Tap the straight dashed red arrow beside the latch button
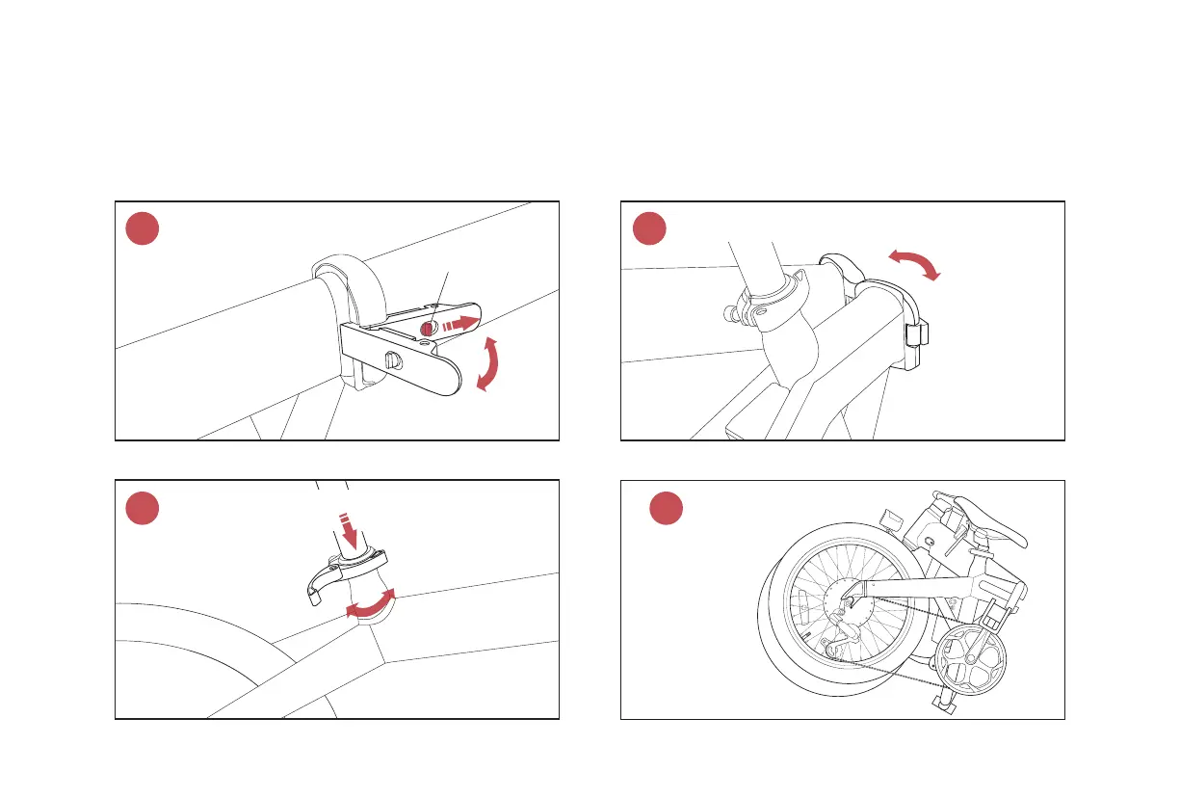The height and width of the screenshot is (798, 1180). pos(460,323)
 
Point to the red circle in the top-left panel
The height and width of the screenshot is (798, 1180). pos(143,228)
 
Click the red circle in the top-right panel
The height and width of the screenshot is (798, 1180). pos(648,228)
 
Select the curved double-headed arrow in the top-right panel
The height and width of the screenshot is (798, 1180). pos(913,263)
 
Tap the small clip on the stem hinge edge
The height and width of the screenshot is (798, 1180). pos(916,334)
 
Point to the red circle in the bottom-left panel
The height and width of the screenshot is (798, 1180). pos(143,508)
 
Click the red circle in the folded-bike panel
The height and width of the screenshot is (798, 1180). pos(666,508)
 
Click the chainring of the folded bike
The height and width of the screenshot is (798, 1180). pos(969,662)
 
